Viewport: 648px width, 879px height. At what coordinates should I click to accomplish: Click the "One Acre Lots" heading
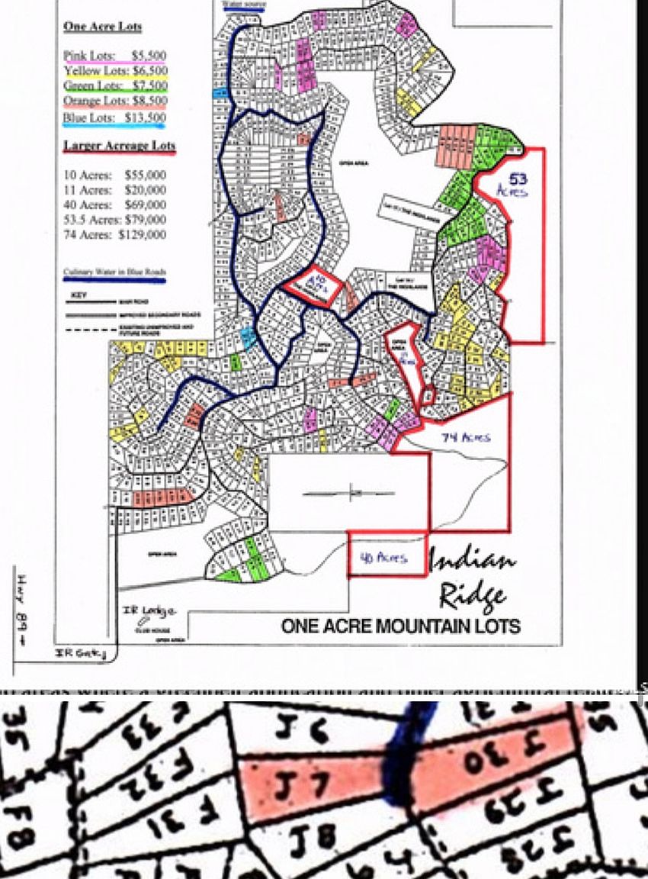103,27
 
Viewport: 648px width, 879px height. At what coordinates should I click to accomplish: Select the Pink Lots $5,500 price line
114,56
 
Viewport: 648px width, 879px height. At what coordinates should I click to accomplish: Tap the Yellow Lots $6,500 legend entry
114,70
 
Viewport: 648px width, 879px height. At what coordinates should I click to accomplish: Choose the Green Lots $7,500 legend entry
114,85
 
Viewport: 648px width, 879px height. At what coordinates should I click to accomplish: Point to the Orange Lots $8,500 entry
114,100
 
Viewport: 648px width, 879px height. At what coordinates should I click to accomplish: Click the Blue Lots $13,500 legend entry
114,118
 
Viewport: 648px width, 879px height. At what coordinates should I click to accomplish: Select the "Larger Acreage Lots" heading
119,146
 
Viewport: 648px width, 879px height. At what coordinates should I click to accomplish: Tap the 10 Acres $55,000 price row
114,175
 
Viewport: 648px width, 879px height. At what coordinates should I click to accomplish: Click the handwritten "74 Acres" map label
465,437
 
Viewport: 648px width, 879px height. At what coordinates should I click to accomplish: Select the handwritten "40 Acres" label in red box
384,557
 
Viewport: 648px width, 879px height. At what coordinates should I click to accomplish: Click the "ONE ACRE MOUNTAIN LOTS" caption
400,626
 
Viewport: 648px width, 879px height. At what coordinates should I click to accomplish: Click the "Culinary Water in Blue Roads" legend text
114,272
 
